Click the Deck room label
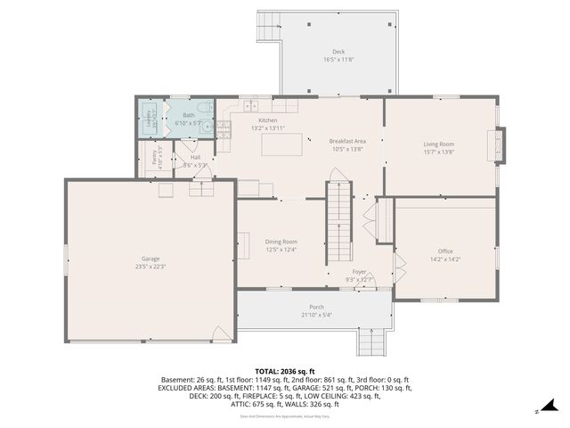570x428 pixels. tap(338, 53)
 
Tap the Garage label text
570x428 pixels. tap(151, 259)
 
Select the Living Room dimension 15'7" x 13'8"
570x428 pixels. tap(438, 152)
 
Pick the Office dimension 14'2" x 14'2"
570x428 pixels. tap(444, 259)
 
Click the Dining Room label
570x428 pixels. tap(281, 242)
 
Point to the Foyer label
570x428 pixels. tap(359, 272)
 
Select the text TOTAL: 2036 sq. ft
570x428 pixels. tap(284, 370)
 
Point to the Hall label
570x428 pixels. tap(195, 158)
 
